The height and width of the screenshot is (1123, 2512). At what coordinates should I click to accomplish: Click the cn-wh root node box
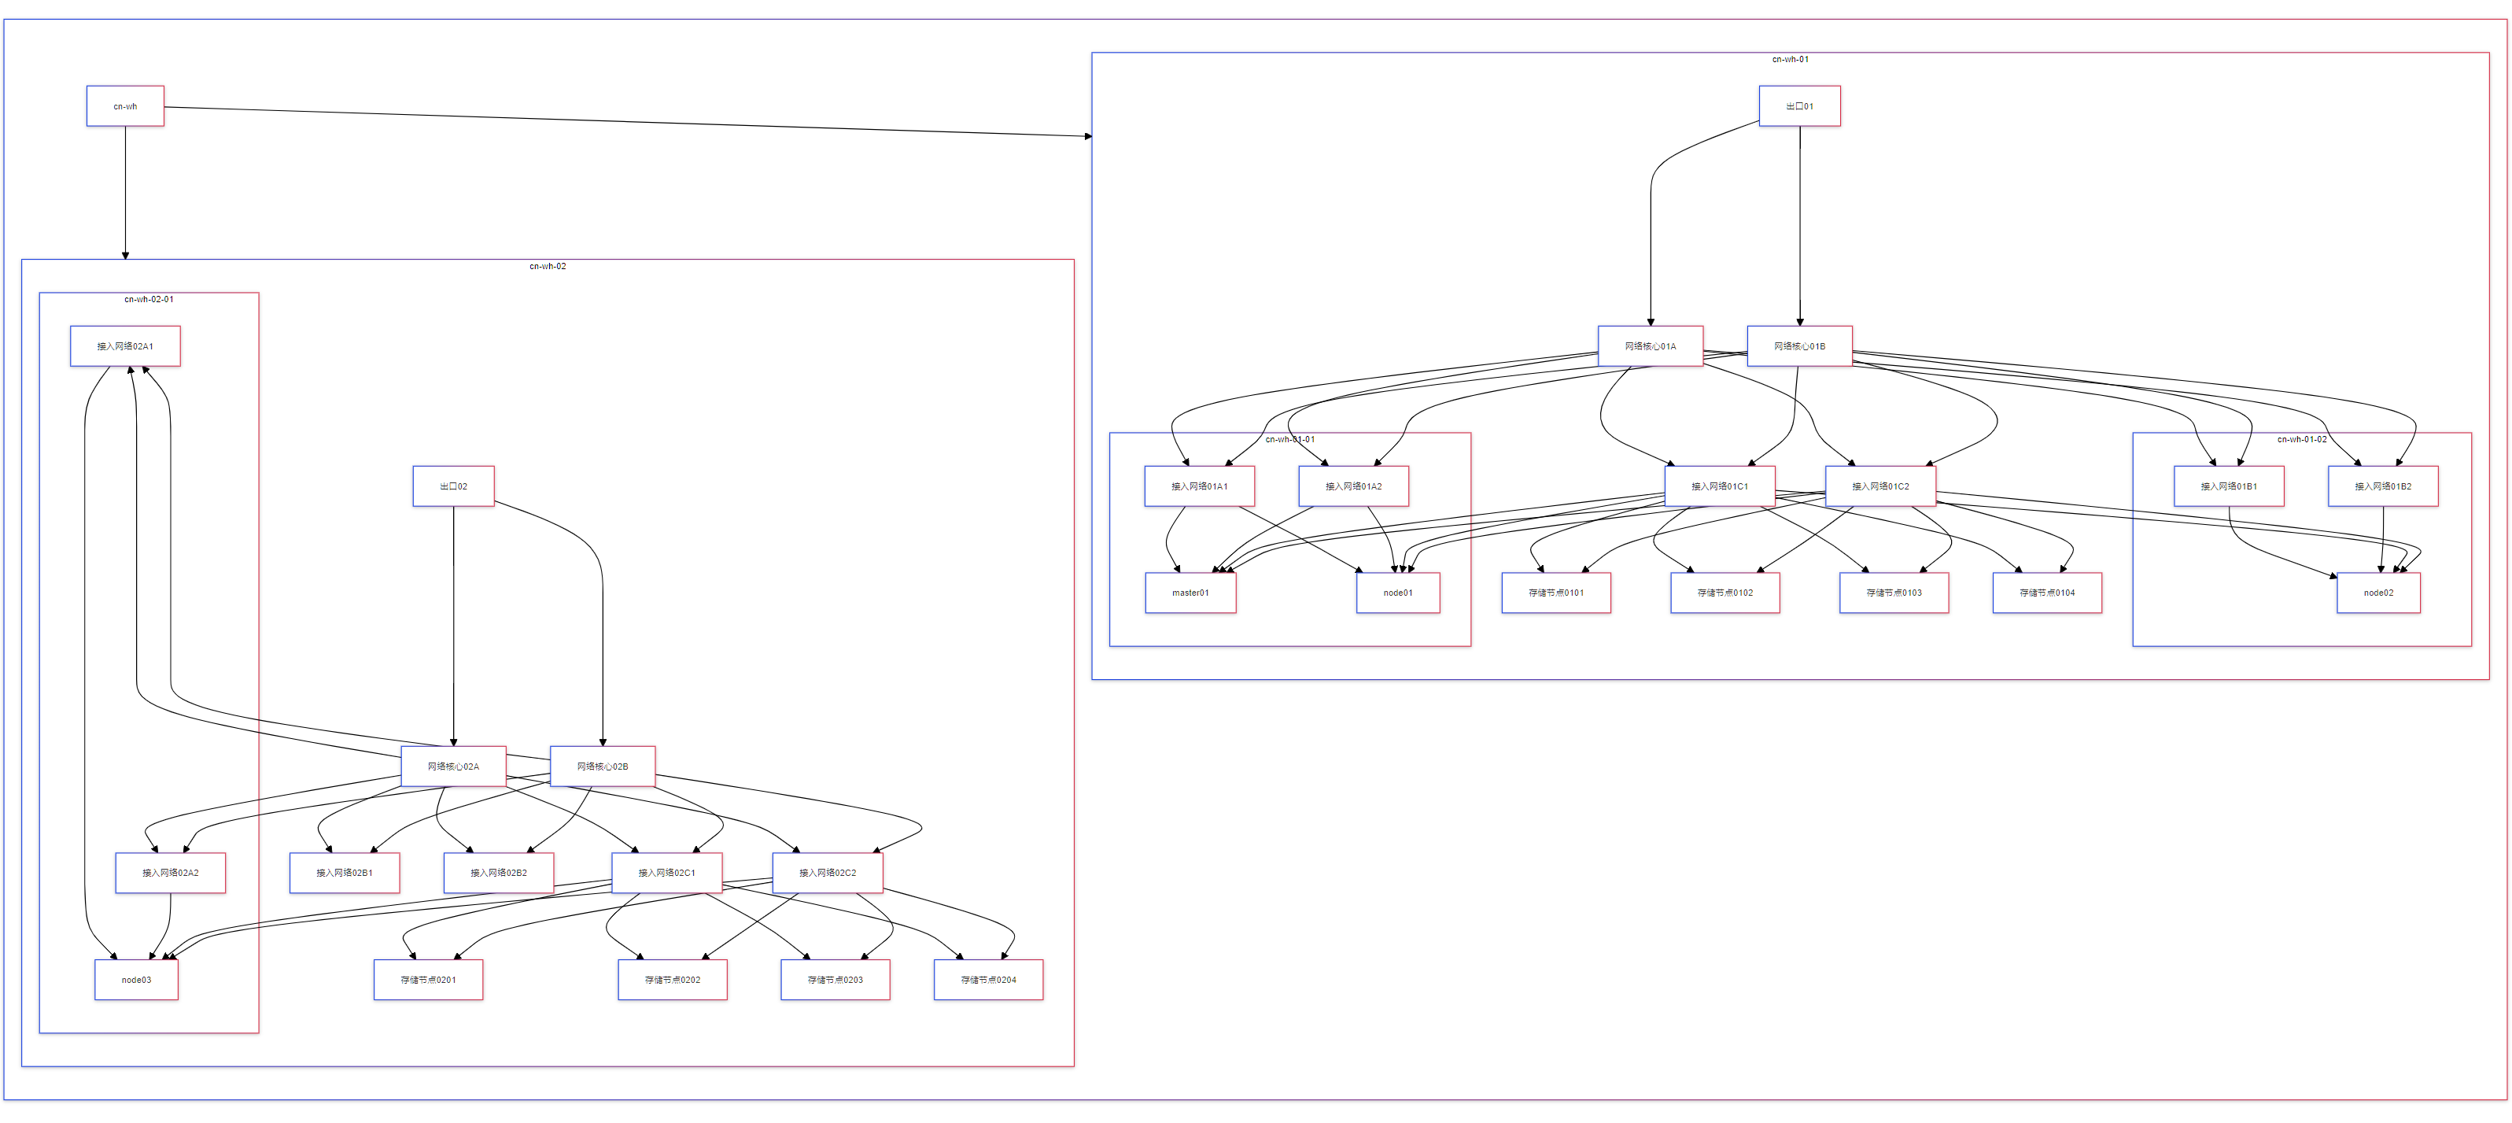point(125,106)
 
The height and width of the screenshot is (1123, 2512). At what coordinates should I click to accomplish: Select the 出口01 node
point(1799,106)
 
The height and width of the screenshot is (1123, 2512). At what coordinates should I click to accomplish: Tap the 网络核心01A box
point(1650,346)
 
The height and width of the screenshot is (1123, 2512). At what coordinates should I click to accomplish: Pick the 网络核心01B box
point(1799,346)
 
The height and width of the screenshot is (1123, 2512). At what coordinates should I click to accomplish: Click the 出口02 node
point(453,486)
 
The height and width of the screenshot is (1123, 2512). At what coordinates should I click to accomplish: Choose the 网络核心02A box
point(453,766)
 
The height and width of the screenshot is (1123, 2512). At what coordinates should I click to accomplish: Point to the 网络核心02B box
point(603,766)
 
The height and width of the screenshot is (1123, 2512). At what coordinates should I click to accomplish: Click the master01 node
point(1190,593)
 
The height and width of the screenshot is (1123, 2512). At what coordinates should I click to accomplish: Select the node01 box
point(1397,593)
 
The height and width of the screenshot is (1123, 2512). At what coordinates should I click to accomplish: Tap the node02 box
point(2378,593)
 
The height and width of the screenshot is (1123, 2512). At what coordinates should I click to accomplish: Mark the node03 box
point(137,980)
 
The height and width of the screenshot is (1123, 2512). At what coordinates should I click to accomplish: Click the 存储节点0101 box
point(1556,593)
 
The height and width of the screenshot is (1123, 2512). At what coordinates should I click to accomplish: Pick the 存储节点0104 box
point(2047,593)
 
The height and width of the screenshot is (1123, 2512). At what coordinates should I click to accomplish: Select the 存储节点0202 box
point(672,980)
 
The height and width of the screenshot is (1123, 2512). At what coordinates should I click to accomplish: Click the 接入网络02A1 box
point(125,346)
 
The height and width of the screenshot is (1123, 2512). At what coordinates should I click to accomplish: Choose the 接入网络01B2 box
point(2382,486)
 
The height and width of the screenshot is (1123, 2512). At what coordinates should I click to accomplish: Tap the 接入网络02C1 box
point(667,872)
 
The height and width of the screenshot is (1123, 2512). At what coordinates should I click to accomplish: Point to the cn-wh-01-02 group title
point(2301,439)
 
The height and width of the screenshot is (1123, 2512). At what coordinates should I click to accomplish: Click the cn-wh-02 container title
point(547,266)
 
